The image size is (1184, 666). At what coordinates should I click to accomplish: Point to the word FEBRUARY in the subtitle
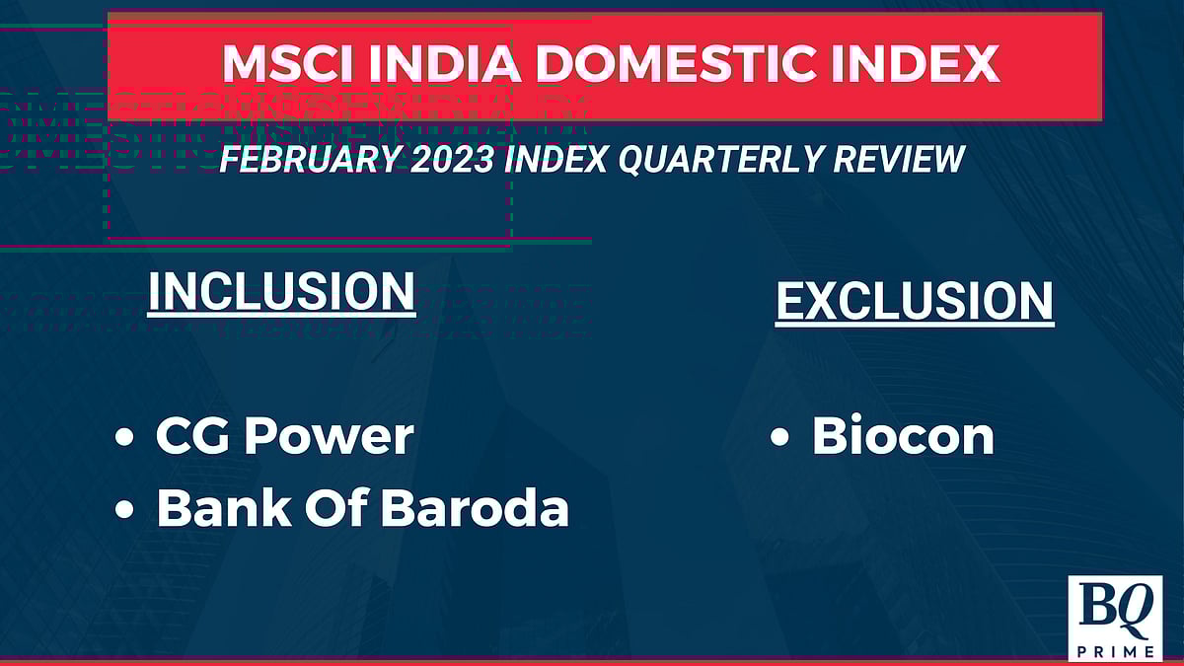click(x=306, y=158)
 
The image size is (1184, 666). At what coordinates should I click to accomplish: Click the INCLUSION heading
click(x=281, y=291)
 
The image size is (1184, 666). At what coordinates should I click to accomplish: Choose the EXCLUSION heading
click(x=915, y=301)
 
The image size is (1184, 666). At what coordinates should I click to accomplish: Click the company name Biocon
click(x=903, y=436)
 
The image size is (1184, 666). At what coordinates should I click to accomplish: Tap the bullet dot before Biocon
click(x=779, y=439)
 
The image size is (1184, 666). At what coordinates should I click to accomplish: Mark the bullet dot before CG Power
click(x=124, y=439)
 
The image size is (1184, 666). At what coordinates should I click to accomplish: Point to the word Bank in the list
click(x=218, y=508)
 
